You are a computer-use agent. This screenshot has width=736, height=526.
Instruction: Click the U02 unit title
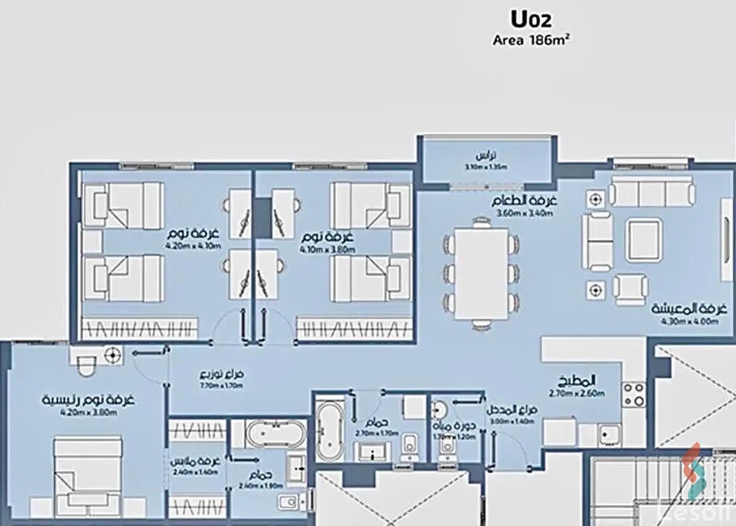531,19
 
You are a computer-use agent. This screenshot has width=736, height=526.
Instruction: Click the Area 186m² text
531,40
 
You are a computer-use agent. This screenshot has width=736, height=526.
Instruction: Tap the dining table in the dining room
482,274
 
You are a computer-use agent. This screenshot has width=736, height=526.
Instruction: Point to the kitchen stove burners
633,394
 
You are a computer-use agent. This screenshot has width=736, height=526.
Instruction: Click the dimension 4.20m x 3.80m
88,412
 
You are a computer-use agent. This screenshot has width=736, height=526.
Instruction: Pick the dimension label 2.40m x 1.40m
194,472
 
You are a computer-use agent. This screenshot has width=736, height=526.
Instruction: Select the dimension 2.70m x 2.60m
577,393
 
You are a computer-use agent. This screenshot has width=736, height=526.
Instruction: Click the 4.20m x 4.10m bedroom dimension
193,246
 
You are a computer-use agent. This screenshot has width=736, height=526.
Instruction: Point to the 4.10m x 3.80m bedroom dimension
327,249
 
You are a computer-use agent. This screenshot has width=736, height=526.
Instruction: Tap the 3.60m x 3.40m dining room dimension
524,214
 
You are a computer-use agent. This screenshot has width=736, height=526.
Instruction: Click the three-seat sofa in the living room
652,192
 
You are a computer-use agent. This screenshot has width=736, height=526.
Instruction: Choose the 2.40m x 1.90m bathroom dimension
261,486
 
